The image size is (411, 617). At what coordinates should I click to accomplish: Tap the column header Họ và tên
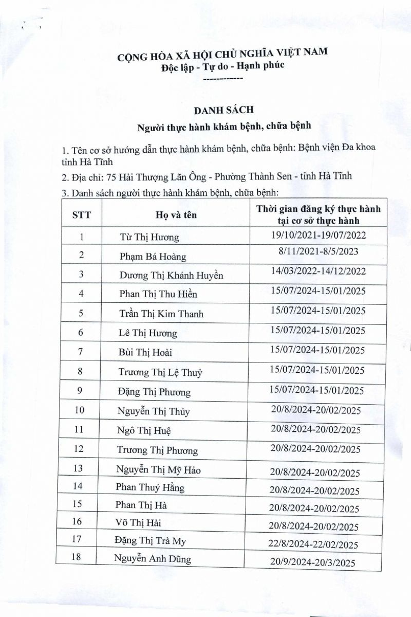coord(176,215)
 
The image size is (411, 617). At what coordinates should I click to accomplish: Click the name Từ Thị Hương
coord(149,238)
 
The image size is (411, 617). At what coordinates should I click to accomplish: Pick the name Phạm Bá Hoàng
coord(152,257)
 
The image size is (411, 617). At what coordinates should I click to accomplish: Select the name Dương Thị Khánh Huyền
coord(171,275)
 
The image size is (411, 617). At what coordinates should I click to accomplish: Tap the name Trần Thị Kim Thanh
coord(161,314)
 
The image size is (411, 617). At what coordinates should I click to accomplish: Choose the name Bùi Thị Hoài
coord(145,352)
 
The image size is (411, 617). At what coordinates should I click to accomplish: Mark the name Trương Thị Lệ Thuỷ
coord(160,372)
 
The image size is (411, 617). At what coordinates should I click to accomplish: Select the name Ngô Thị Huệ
coord(144,430)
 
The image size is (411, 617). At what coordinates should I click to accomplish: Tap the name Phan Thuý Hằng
coord(150,487)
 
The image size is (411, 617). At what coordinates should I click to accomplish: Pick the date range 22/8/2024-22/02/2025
coord(314,545)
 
